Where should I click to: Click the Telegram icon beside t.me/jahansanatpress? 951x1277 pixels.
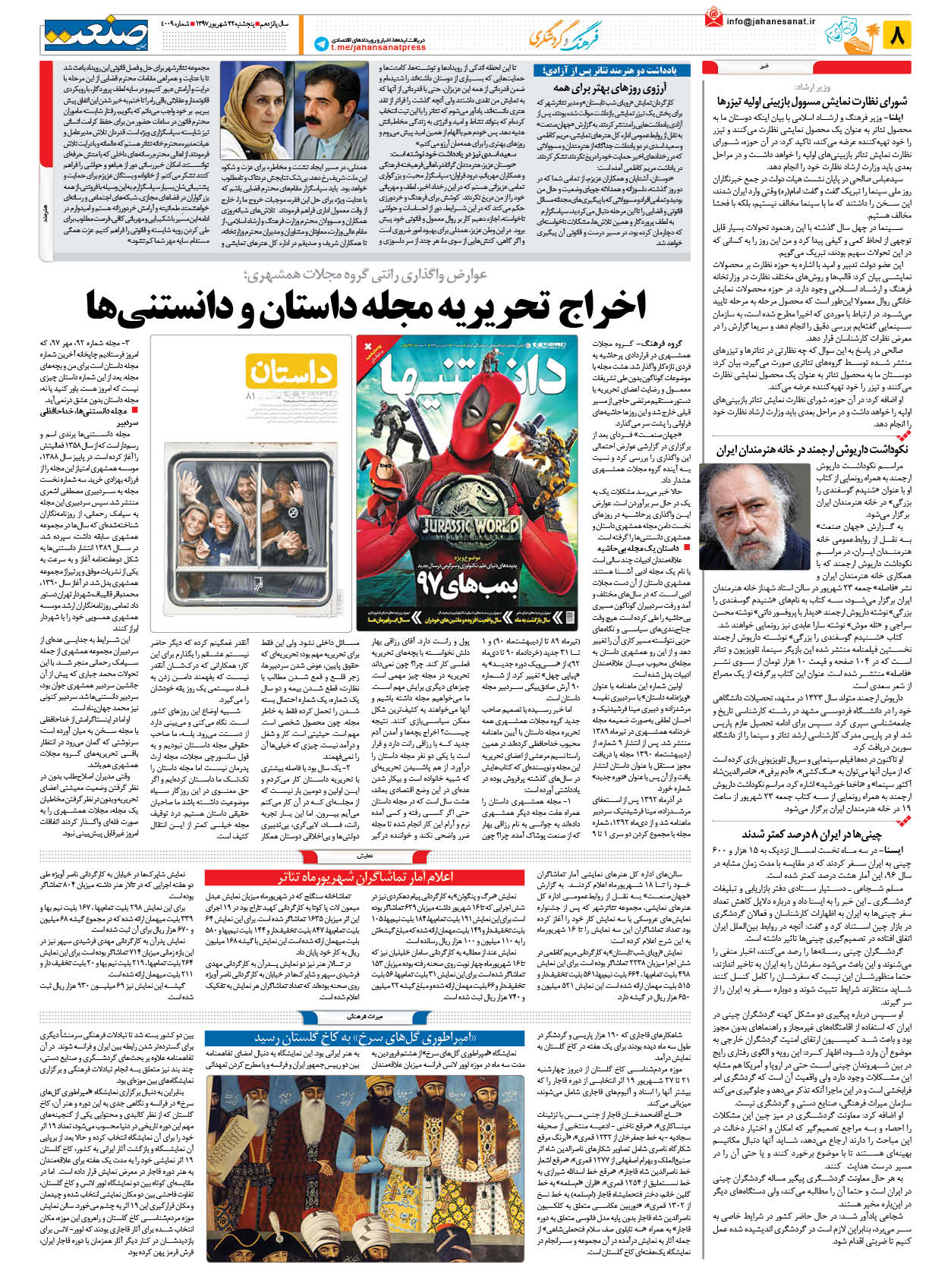(321, 45)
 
